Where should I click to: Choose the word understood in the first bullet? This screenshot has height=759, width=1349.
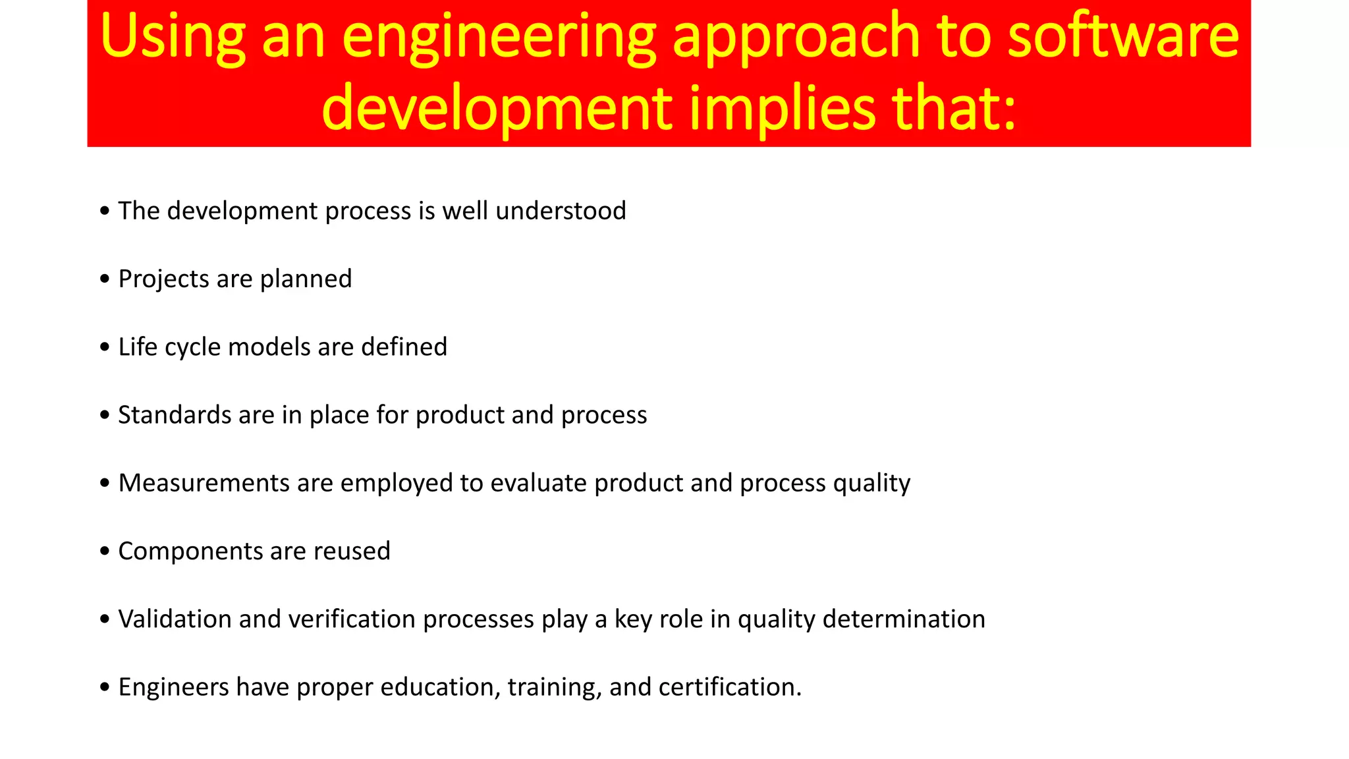coord(561,211)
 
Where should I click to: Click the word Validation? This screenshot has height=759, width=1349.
coord(175,619)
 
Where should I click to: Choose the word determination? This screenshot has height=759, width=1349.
coord(904,619)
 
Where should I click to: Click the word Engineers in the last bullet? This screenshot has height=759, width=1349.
coord(173,687)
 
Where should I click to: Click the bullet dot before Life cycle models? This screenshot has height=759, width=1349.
coord(105,347)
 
